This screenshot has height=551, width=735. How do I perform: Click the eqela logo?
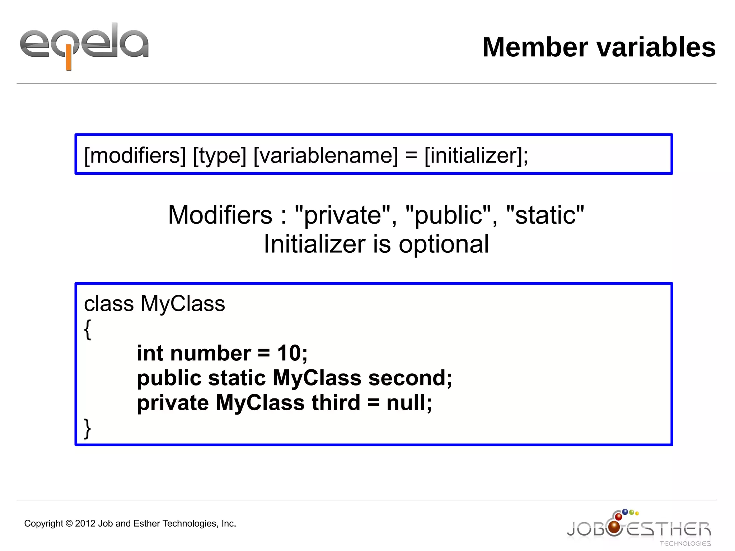tap(84, 45)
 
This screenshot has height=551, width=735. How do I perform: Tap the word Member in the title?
tap(535, 47)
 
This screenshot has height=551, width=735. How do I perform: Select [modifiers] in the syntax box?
tap(135, 156)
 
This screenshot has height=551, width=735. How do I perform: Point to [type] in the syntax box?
tap(220, 156)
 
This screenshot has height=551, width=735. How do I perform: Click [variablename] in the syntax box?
tap(326, 156)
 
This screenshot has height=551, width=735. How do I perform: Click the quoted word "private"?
tap(342, 215)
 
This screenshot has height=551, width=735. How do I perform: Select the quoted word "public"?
tap(448, 215)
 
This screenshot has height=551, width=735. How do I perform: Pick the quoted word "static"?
tap(545, 215)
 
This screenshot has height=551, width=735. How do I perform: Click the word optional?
tap(444, 244)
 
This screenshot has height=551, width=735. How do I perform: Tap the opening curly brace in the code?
tap(88, 329)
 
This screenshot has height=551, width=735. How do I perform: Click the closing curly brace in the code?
tap(88, 428)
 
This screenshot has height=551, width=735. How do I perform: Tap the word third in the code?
tap(336, 403)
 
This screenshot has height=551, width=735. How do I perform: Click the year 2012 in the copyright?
tap(85, 524)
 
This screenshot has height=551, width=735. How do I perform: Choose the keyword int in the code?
tap(150, 353)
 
